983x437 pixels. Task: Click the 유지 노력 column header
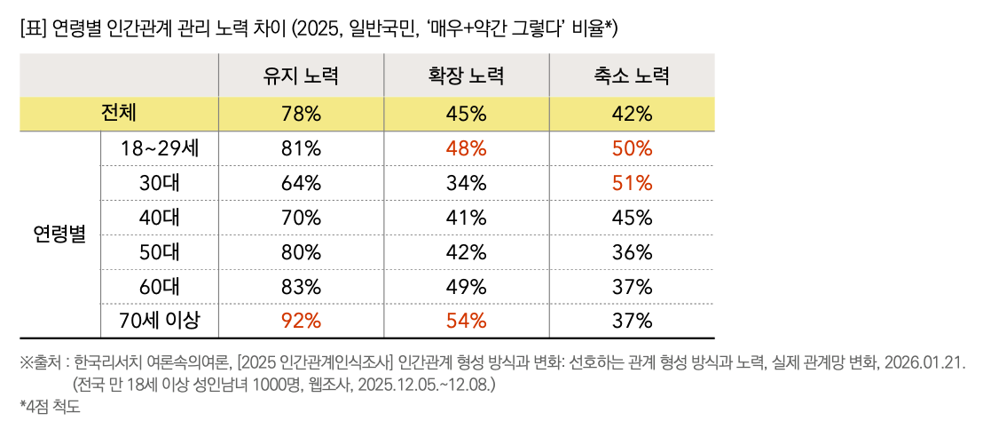301,76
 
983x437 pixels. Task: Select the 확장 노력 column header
466,76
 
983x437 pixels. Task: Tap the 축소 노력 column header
632,76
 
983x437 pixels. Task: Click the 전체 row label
119,114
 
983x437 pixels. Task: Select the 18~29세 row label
159,149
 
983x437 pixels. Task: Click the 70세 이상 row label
159,322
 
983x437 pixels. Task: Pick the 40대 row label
159,218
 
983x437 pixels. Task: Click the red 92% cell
301,322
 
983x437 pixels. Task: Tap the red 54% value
466,322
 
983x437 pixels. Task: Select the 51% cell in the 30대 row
632,184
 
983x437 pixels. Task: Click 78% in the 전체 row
301,114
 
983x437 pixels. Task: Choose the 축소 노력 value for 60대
632,287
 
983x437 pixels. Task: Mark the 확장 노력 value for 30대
466,184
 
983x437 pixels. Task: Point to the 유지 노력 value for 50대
301,252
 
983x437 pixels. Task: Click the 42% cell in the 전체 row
632,114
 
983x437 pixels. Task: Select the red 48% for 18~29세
466,149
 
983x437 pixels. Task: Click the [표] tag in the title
33,29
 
